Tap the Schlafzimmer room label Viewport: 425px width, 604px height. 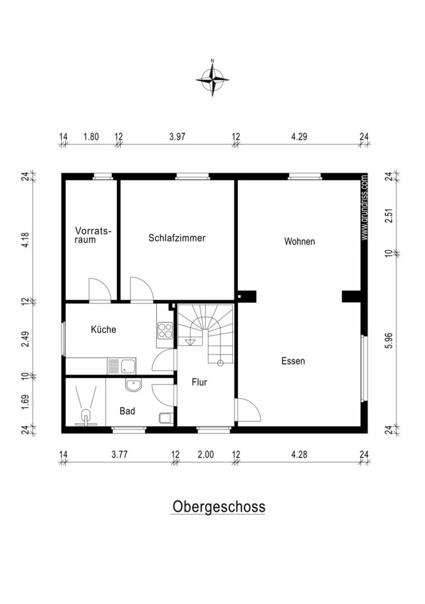(x=177, y=238)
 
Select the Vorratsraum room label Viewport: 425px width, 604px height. (x=93, y=235)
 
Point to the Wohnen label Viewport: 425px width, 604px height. (x=299, y=242)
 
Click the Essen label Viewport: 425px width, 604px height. (x=293, y=361)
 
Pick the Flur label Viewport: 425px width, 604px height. (x=199, y=382)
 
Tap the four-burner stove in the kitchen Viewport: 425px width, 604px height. (x=165, y=330)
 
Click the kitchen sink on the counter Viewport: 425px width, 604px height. (x=122, y=366)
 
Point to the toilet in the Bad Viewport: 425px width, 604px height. (x=165, y=418)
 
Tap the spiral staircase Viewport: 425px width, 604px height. (x=206, y=333)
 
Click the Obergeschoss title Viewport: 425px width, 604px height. (x=218, y=507)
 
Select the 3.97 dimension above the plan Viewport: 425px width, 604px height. (x=177, y=136)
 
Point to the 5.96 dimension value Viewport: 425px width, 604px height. (x=390, y=341)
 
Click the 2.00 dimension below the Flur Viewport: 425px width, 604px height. (x=206, y=455)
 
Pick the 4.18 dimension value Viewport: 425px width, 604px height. (x=25, y=239)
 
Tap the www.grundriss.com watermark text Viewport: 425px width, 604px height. (x=364, y=207)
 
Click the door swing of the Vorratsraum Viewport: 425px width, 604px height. (x=100, y=289)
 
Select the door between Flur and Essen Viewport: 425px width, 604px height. (x=248, y=410)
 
